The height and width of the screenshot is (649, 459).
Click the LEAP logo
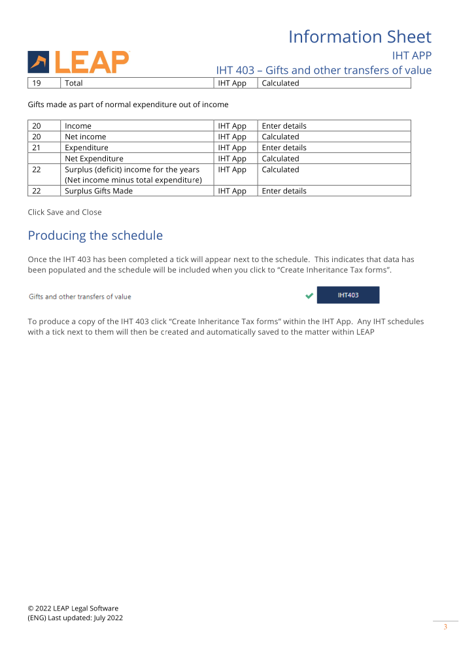pyautogui.click(x=78, y=61)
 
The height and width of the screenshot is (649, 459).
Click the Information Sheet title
pyautogui.click(x=360, y=37)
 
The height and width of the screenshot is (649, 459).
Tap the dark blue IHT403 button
pyautogui.click(x=348, y=295)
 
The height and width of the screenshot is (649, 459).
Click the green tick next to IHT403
pyautogui.click(x=309, y=296)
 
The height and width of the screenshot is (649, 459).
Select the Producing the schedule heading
pyautogui.click(x=95, y=235)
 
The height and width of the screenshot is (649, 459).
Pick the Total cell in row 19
pyautogui.click(x=74, y=83)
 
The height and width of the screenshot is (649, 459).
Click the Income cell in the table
pyautogui.click(x=78, y=125)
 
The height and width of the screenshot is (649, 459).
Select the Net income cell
pyautogui.click(x=85, y=137)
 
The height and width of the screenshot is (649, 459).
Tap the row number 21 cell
pyautogui.click(x=37, y=148)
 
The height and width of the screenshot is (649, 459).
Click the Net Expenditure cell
pyautogui.click(x=93, y=159)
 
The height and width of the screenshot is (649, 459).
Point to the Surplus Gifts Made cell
pyautogui.click(x=98, y=191)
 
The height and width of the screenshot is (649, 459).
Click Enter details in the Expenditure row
pyautogui.click(x=284, y=148)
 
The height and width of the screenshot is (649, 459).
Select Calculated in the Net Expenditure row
pyautogui.click(x=280, y=159)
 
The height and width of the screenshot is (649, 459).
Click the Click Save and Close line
pyautogui.click(x=65, y=212)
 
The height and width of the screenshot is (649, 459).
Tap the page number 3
pyautogui.click(x=445, y=627)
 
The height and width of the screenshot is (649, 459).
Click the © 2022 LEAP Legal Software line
pyautogui.click(x=73, y=608)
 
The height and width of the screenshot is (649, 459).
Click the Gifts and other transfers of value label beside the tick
pyautogui.click(x=80, y=297)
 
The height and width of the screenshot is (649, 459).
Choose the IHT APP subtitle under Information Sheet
pyautogui.click(x=411, y=55)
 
